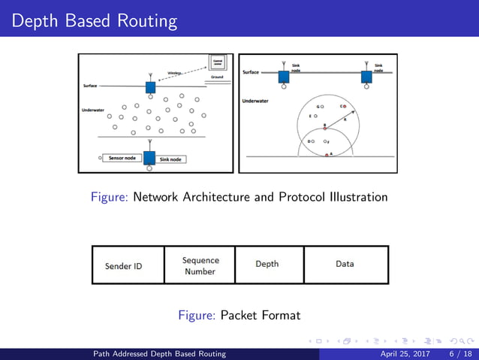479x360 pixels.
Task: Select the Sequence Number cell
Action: pyautogui.click(x=200, y=265)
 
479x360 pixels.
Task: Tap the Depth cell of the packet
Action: pyautogui.click(x=267, y=264)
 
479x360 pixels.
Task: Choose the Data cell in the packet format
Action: pyautogui.click(x=345, y=264)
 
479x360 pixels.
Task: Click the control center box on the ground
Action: pyautogui.click(x=217, y=63)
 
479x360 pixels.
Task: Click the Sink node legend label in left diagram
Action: pyautogui.click(x=171, y=159)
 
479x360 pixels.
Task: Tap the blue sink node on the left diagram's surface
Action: pyautogui.click(x=150, y=87)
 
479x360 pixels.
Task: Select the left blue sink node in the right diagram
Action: pyautogui.click(x=284, y=77)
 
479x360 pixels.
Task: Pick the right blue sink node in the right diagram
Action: pyautogui.click(x=367, y=77)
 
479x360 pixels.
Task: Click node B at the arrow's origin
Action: pyautogui.click(x=324, y=129)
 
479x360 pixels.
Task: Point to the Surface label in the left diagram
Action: pyautogui.click(x=89, y=86)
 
